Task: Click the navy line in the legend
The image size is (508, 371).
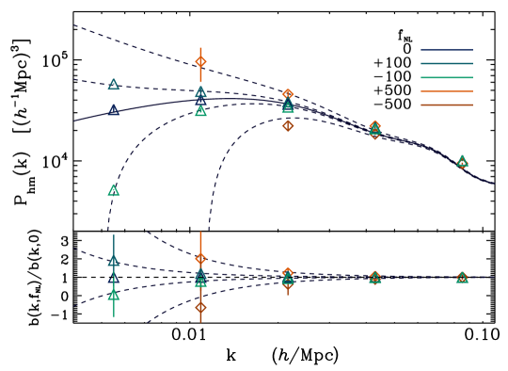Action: [x=446, y=50]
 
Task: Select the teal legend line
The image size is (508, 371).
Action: [x=446, y=63]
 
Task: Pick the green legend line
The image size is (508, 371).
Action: [x=446, y=77]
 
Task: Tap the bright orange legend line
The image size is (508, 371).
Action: [x=446, y=91]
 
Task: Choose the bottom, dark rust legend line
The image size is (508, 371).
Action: [x=446, y=105]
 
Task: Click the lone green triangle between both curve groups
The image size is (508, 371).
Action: [x=114, y=190]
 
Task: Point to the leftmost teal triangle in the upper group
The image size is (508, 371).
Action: [x=114, y=85]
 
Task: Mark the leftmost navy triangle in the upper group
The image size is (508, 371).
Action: [x=114, y=110]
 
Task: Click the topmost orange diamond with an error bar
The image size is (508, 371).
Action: [x=200, y=61]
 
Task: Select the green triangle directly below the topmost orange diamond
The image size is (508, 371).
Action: [x=200, y=111]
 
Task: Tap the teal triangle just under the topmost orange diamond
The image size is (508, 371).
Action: [x=200, y=92]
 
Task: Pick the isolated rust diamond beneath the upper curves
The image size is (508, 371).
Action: [x=288, y=126]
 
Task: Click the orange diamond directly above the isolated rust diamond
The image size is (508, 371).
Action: [x=288, y=94]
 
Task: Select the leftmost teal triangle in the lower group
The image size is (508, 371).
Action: [x=114, y=261]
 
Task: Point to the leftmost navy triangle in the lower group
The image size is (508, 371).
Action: [x=114, y=279]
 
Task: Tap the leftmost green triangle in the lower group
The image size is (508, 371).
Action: [x=114, y=295]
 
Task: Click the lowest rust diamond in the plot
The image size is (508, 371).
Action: [x=200, y=307]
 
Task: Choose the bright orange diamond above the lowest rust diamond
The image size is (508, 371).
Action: [x=200, y=258]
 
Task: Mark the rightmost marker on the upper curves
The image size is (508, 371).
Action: [x=462, y=162]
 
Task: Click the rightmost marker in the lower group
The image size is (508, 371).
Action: [x=462, y=278]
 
